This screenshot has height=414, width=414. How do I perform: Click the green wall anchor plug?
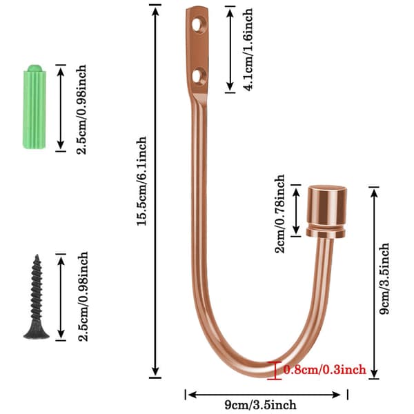tap(34, 107)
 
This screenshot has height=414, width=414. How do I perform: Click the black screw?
tap(37, 297)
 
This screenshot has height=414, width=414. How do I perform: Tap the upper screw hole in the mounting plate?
tap(197, 25)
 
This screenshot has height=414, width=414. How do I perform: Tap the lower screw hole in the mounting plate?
tap(197, 76)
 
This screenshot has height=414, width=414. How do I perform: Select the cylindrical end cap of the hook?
tap(326, 211)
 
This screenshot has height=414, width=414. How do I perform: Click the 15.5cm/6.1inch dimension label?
tap(141, 181)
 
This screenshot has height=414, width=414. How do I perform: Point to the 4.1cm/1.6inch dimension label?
tap(248, 50)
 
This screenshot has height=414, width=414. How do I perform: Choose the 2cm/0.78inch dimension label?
tap(279, 214)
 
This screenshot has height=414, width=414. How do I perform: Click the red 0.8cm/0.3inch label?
tap(325, 369)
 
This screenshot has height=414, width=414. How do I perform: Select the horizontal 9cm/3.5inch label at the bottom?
tap(260, 405)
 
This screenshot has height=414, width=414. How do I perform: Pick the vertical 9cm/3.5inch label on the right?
tap(384, 279)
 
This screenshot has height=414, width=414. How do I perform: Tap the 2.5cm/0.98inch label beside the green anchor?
tap(81, 109)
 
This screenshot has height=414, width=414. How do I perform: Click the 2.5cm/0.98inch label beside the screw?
tap(83, 296)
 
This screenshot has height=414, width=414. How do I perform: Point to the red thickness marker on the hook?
tap(275, 371)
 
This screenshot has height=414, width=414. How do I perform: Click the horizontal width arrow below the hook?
tap(264, 395)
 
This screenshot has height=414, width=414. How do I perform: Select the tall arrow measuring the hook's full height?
tap(155, 191)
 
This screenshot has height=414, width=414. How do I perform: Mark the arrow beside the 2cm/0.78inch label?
tap(296, 210)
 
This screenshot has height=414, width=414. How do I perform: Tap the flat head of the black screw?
tap(37, 333)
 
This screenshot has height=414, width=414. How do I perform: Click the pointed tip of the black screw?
tap(37, 255)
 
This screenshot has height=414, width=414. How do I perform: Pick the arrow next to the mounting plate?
tap(230, 50)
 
